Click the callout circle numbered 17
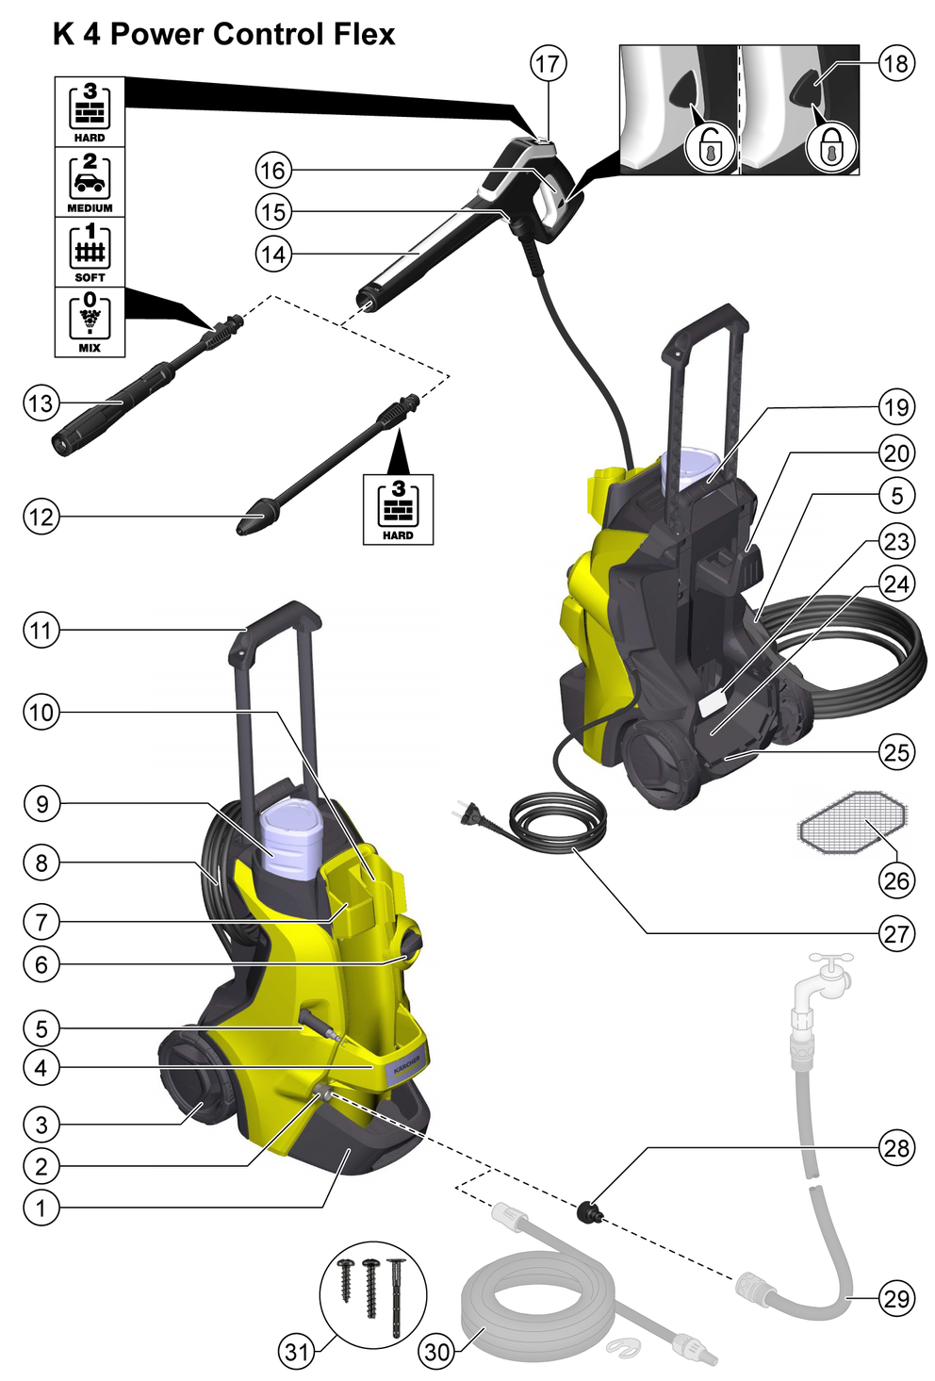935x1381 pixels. [x=548, y=63]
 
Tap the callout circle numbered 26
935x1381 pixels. [x=895, y=880]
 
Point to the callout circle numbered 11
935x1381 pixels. [x=41, y=630]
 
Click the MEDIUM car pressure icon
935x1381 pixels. [x=90, y=182]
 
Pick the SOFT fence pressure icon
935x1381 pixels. [x=90, y=252]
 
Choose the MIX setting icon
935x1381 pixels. [x=90, y=321]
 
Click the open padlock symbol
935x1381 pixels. [x=710, y=147]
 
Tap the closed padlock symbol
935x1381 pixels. [x=830, y=147]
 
